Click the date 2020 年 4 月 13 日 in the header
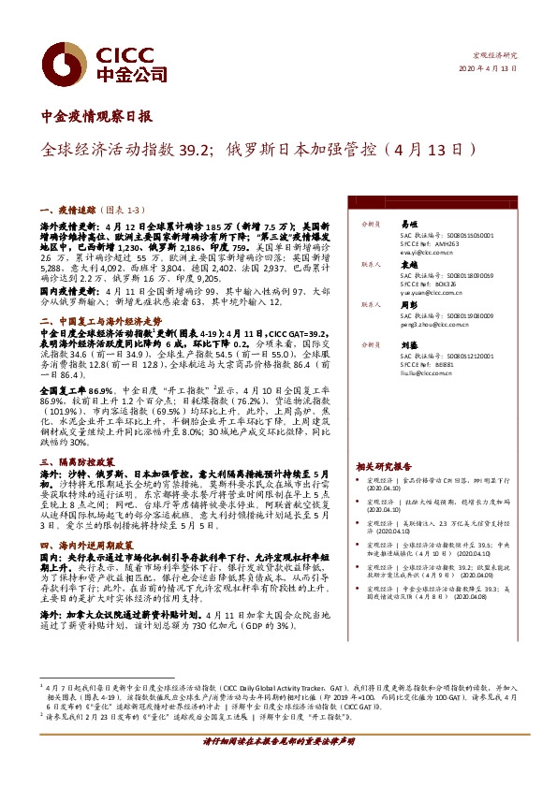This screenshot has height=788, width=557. tap(487, 69)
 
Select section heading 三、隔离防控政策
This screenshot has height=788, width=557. tap(77, 462)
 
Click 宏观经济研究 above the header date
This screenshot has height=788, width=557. tap(497, 56)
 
